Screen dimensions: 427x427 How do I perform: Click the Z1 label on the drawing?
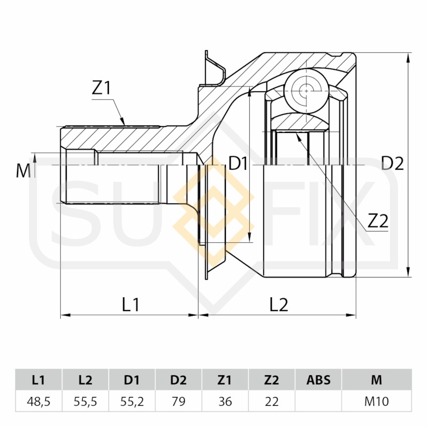(x=101, y=88)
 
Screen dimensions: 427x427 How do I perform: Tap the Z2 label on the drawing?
(x=378, y=221)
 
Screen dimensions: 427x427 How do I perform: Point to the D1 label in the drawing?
(x=238, y=164)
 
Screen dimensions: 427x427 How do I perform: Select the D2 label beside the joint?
(x=392, y=163)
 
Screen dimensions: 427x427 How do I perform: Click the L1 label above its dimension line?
(x=130, y=304)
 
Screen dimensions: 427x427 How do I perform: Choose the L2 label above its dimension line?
(x=279, y=304)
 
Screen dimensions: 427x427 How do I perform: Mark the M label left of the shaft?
(x=23, y=171)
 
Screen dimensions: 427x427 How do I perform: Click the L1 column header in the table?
(x=38, y=380)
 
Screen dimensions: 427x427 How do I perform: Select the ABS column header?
(x=318, y=380)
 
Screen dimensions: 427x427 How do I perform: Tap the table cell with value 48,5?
(x=38, y=401)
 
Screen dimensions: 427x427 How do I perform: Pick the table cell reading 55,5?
(x=85, y=401)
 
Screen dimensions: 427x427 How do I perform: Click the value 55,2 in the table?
(x=132, y=401)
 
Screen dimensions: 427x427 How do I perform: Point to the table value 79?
(x=178, y=401)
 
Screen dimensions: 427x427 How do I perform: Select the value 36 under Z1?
(x=225, y=401)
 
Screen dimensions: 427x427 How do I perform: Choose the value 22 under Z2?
(x=272, y=401)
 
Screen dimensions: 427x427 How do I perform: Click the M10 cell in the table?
(x=377, y=401)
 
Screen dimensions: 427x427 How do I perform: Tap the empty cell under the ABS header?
(x=318, y=401)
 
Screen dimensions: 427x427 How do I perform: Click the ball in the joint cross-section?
(x=306, y=91)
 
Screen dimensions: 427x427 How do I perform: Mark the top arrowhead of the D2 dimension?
(x=408, y=58)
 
